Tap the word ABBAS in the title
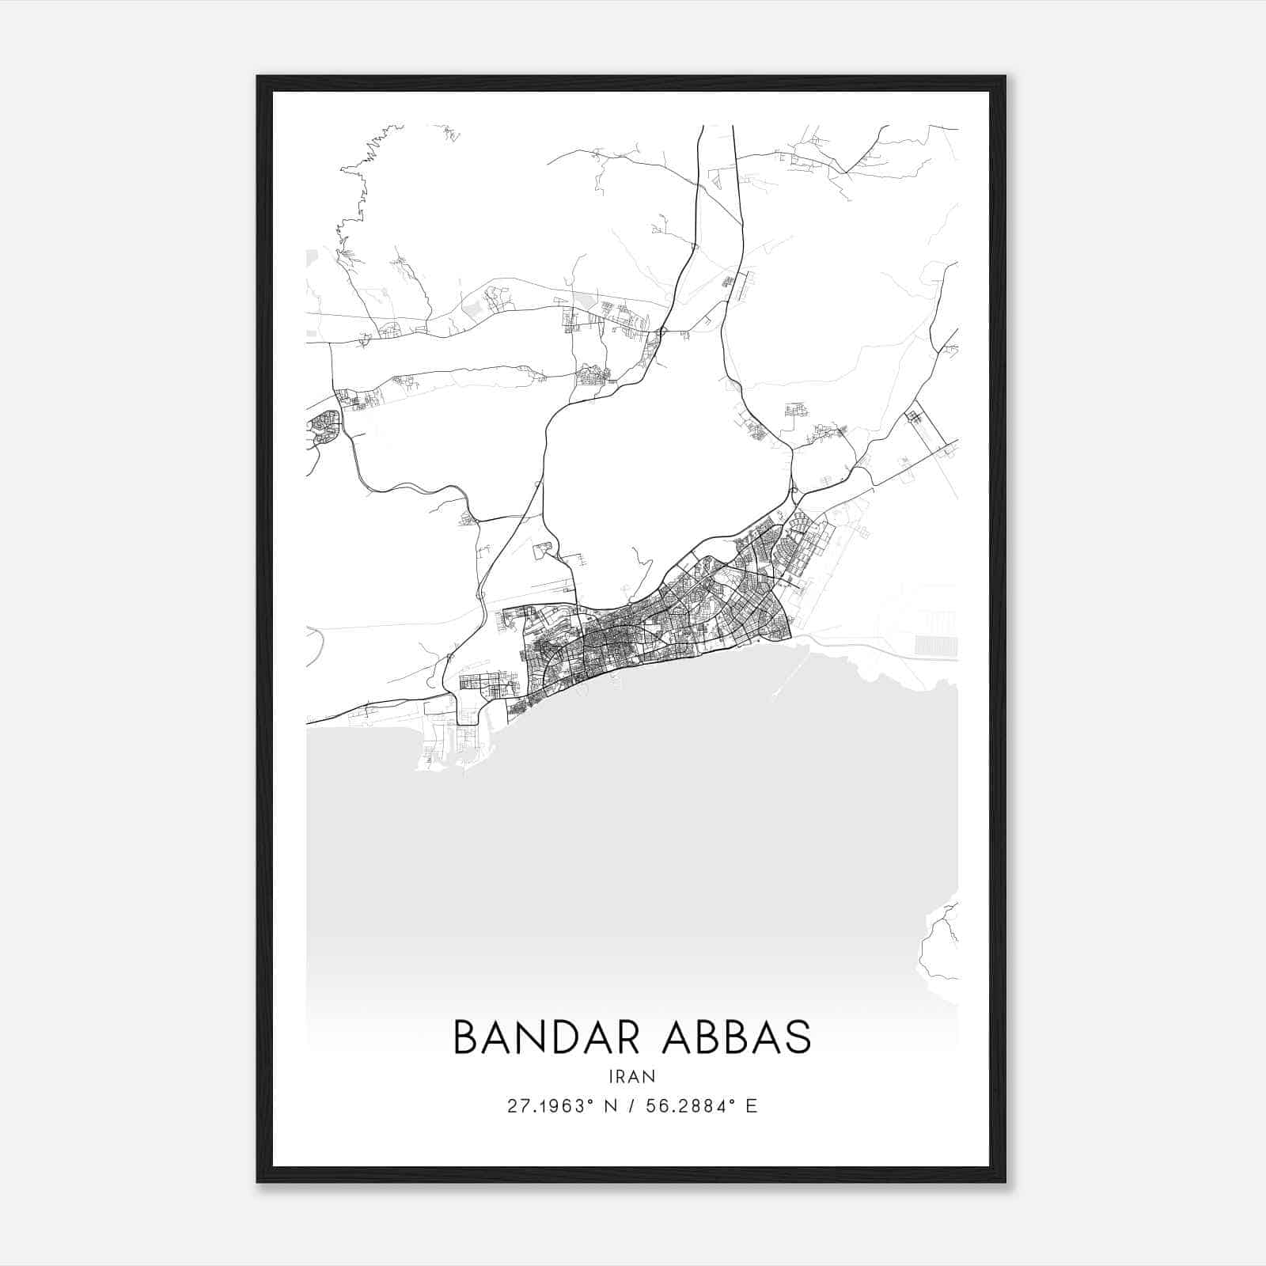pos(742,1037)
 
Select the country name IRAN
pos(632,1076)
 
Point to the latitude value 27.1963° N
pos(563,1105)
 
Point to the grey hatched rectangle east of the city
pos(935,645)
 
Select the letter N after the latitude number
pos(610,1105)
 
